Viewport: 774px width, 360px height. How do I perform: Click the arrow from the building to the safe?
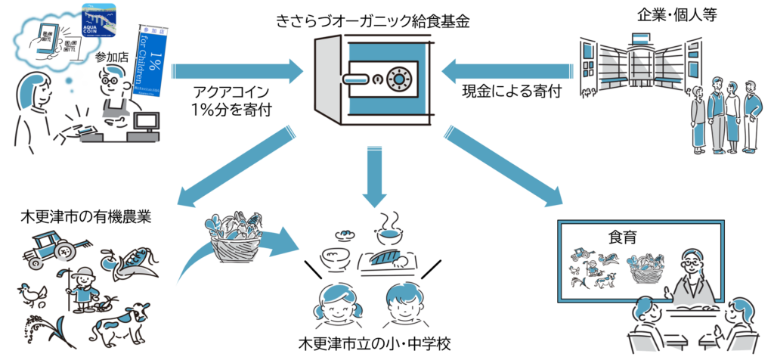click(x=507, y=72)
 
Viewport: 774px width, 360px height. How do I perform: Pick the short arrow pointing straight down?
click(x=375, y=178)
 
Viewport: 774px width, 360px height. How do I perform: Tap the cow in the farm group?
click(x=120, y=322)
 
